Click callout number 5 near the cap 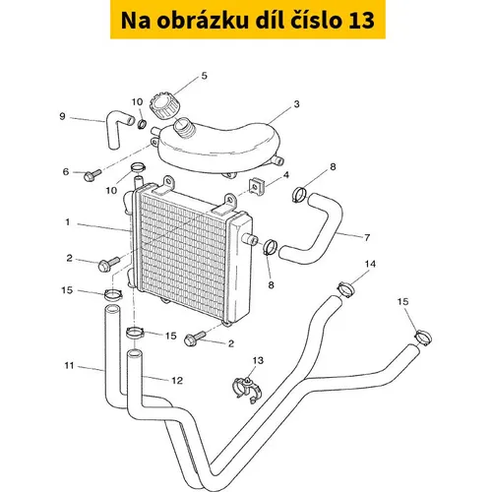tap(204, 76)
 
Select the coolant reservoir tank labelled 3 tap(218, 147)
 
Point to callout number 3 tap(296, 104)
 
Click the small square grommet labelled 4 tap(257, 185)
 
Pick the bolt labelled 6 tap(92, 175)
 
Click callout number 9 tap(62, 116)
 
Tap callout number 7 tap(367, 237)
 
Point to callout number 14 tap(370, 264)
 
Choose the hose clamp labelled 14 tap(346, 289)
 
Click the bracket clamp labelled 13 tap(247, 390)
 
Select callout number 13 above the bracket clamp tap(258, 360)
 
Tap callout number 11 tap(69, 365)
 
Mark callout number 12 tap(177, 380)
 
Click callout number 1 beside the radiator tap(68, 222)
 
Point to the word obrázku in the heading tap(203, 20)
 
